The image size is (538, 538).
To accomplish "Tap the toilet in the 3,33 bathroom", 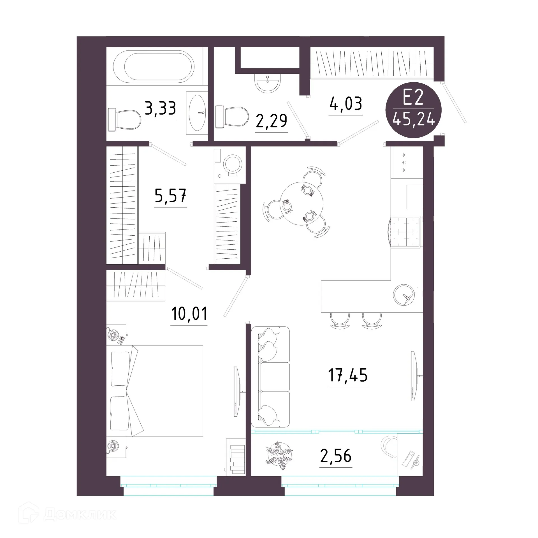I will click(x=124, y=119).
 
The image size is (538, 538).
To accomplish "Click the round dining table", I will click(x=302, y=203).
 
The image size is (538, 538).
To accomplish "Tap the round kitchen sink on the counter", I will click(x=404, y=294).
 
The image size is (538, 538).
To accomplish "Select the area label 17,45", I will click(x=348, y=375).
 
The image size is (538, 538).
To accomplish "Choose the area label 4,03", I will click(x=346, y=103).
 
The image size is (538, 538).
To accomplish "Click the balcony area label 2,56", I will click(x=336, y=456).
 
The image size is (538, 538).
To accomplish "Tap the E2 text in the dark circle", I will click(x=413, y=98).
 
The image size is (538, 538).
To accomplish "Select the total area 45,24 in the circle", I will click(x=414, y=120).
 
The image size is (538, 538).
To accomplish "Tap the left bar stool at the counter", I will click(x=340, y=320).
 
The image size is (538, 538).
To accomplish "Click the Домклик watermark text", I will click(x=80, y=514).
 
